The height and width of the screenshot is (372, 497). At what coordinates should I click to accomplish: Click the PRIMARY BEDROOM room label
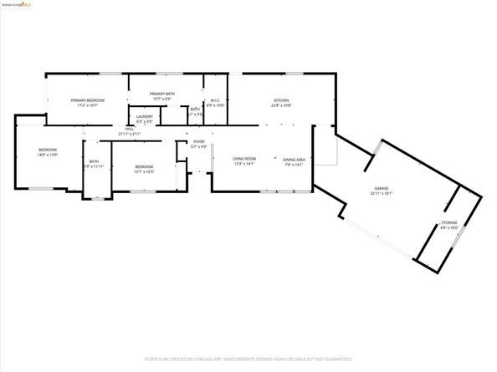click(x=87, y=100)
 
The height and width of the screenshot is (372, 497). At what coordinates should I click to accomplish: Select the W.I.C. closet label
click(x=215, y=100)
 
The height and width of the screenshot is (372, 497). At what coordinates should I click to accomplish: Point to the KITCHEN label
click(x=281, y=100)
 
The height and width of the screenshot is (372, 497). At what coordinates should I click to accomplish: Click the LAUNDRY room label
click(x=145, y=116)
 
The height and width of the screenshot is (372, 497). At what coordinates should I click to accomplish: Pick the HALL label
click(x=130, y=129)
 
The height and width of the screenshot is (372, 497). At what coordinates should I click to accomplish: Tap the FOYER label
click(x=199, y=142)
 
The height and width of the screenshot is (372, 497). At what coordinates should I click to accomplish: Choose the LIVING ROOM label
click(x=243, y=158)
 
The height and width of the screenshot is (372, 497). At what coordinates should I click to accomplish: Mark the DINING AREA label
click(x=294, y=159)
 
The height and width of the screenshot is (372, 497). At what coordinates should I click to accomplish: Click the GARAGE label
click(x=382, y=188)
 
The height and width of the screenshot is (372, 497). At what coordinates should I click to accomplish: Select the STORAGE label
click(x=449, y=222)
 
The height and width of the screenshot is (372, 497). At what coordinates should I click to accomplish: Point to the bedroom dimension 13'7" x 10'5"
click(x=144, y=172)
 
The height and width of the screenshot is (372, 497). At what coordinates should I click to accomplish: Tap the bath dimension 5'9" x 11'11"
click(x=94, y=166)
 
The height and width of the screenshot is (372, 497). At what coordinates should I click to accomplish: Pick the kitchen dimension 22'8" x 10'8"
click(x=281, y=106)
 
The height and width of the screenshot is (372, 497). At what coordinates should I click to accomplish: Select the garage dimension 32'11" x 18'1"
click(x=382, y=194)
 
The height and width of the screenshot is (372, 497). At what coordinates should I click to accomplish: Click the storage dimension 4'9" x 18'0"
click(x=449, y=228)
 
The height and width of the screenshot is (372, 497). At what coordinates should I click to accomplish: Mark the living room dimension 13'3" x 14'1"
click(x=243, y=164)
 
